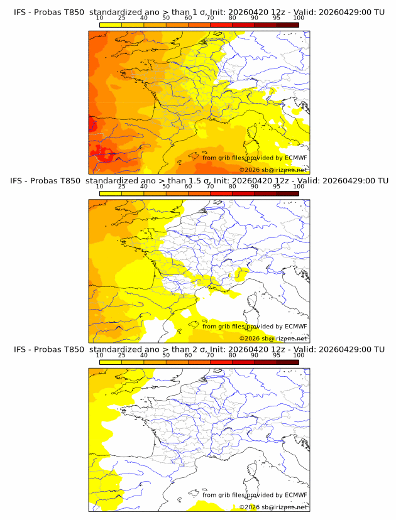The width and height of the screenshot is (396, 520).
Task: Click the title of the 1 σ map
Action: [x=199, y=12]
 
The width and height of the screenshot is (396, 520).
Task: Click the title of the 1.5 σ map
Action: [x=199, y=180]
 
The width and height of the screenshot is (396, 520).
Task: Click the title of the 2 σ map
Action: [x=199, y=349]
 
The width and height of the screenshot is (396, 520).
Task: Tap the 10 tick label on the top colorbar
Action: [x=100, y=18]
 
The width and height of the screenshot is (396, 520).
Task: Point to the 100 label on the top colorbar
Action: [x=299, y=18]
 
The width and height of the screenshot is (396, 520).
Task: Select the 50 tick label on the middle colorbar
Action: [x=166, y=187]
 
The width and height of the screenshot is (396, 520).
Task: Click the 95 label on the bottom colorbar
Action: [x=277, y=355]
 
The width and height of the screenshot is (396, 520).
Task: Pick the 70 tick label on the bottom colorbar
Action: [x=210, y=355]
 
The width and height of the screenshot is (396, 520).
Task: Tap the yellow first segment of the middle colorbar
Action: [x=111, y=193]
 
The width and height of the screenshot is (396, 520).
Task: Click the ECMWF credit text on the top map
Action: [x=255, y=158]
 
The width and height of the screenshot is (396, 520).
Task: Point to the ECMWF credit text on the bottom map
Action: [x=255, y=495]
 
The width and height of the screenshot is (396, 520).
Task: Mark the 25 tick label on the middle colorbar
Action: [x=122, y=187]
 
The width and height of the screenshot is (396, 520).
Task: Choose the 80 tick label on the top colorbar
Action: [x=233, y=18]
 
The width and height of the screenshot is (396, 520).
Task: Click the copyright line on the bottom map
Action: [x=273, y=507]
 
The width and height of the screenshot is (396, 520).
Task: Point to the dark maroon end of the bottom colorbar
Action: [x=287, y=362]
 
